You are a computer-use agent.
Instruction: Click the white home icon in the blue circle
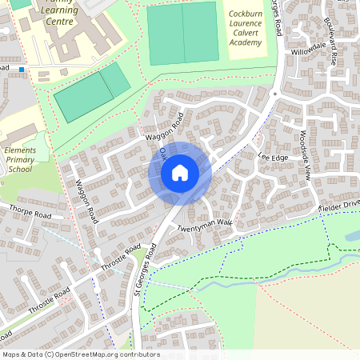click(180, 172)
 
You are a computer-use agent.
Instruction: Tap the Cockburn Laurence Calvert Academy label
click(245, 30)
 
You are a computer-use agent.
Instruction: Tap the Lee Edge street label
click(273, 158)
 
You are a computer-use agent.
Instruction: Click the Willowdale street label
click(308, 49)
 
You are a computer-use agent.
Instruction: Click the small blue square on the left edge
click(22, 70)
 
